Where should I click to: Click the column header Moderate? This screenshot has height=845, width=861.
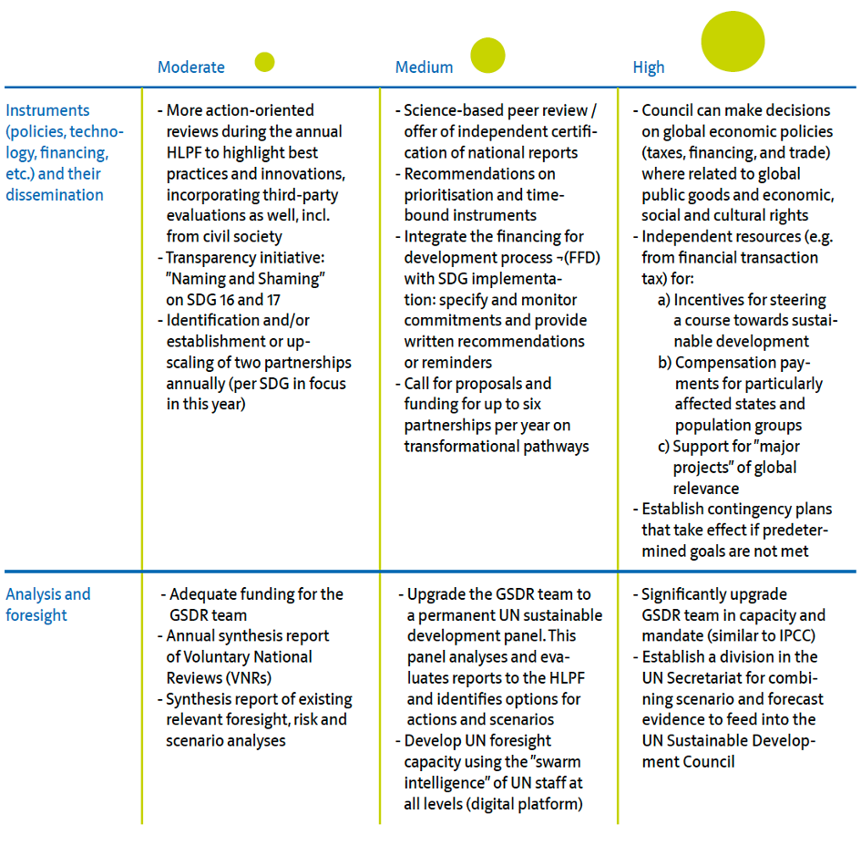coord(190,67)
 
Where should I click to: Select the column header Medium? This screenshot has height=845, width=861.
coord(424,67)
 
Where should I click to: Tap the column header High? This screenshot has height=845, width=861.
coord(649,67)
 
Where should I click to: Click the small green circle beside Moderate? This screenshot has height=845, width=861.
coord(264,62)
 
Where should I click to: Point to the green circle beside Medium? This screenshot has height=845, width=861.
coord(487,56)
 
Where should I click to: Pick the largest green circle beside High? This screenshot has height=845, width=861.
coord(733,41)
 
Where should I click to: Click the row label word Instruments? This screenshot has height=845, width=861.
coord(47,110)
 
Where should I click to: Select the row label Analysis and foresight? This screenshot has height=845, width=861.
coord(47,604)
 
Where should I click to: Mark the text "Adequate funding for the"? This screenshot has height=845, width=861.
coord(256,594)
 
